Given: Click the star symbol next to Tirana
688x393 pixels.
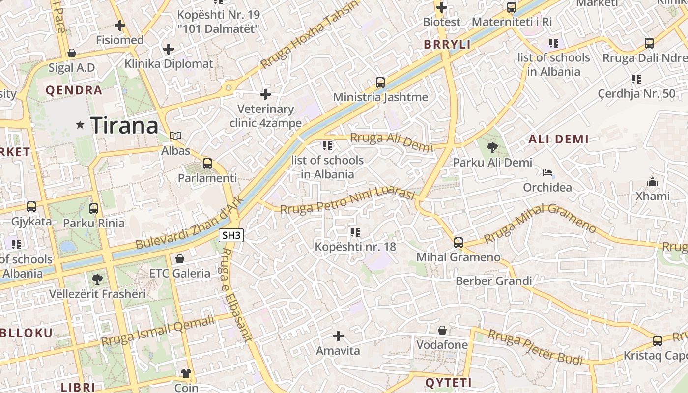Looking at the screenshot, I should point(80,125).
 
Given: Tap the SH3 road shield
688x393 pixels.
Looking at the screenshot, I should point(232,235).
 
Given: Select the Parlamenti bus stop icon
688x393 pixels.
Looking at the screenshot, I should point(207,164).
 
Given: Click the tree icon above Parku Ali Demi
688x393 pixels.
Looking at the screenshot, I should point(491,147).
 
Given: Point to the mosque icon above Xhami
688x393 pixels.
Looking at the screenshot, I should point(653,182).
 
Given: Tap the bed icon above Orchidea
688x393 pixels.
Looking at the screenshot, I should point(547,173).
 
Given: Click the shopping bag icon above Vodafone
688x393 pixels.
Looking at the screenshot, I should point(442,330).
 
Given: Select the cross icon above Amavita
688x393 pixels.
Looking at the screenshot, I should point(338,336).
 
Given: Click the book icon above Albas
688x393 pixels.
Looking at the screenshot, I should point(175,136).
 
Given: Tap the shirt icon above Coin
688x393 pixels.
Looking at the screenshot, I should point(186,373).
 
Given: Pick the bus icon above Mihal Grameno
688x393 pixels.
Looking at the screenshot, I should point(459,242).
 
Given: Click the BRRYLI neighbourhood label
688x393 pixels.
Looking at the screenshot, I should point(447,44).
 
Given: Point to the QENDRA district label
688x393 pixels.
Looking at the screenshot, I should point(74,90).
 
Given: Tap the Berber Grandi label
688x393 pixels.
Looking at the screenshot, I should point(494,281).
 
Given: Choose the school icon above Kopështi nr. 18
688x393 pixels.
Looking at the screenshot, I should point(355,232).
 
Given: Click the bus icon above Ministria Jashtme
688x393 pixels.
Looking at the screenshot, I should point(380,83).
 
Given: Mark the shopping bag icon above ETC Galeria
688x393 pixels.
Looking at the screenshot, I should point(180,258).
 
